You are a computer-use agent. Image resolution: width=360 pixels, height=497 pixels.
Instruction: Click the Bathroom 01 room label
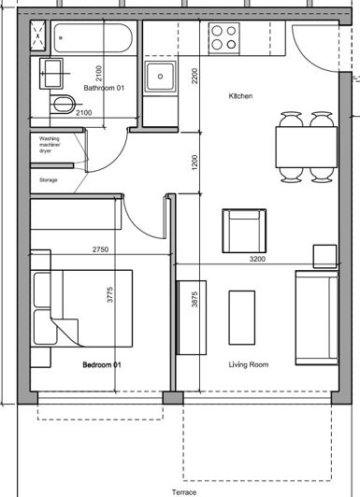point(104,88)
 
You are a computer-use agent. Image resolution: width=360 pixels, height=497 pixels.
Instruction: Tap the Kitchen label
point(242,96)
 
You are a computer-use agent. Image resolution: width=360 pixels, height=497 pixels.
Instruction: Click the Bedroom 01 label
point(102,365)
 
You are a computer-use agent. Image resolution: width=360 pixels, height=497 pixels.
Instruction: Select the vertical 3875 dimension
point(194,308)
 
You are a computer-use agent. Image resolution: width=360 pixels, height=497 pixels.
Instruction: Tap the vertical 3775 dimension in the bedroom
point(110,297)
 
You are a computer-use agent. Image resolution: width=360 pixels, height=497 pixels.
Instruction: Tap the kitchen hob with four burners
point(223,36)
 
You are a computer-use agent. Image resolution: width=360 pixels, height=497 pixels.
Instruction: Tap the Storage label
point(49,178)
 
